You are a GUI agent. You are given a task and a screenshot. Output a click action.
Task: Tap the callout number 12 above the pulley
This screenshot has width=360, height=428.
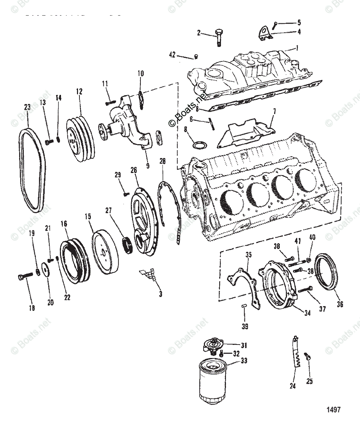coord(79,92)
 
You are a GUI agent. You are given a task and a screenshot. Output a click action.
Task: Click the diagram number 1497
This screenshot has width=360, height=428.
coord(333,409)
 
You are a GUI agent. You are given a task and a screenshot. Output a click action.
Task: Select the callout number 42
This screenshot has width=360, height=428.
coord(172,55)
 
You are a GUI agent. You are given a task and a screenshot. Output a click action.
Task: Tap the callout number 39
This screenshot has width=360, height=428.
coord(245,326)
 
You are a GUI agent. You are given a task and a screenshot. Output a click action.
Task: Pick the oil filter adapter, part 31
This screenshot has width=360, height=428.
coord(212,345)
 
